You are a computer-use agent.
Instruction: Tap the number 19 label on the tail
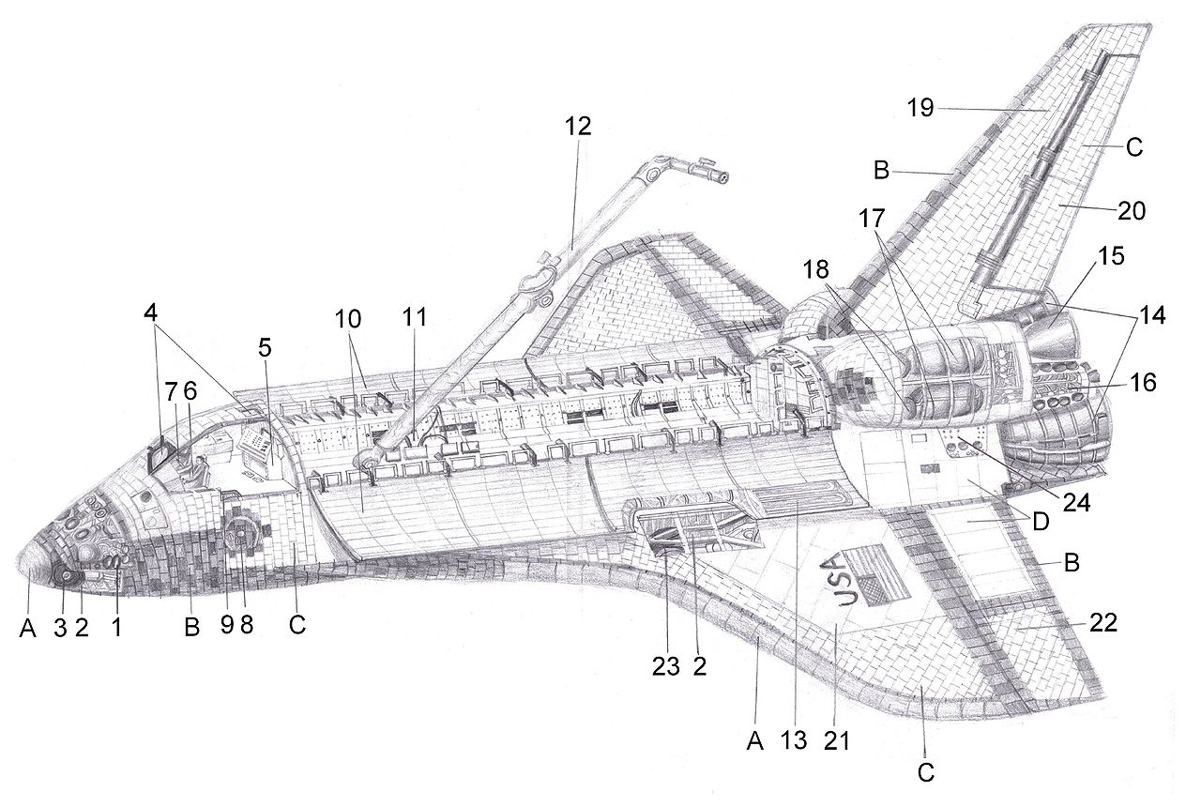tap(920, 108)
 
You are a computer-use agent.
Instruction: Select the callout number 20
tap(1132, 211)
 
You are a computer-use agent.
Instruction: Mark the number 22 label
tap(1103, 623)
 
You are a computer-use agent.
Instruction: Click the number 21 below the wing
tap(836, 740)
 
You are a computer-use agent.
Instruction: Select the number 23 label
tap(665, 665)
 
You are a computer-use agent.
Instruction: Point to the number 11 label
tap(414, 317)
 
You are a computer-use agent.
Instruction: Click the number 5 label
tap(265, 346)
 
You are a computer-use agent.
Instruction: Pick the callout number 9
tap(226, 626)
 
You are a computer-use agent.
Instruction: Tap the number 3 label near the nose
tap(60, 629)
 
